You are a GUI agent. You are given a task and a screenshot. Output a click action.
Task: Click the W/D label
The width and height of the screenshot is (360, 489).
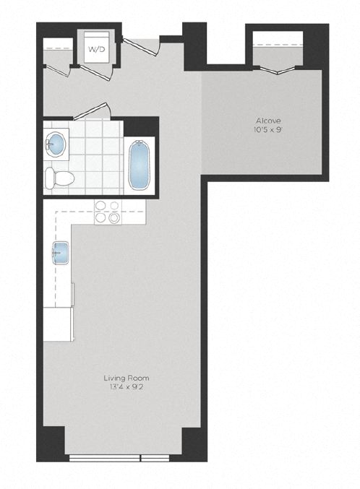(95, 49)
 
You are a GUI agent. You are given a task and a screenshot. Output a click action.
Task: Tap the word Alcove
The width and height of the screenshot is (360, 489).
(267, 121)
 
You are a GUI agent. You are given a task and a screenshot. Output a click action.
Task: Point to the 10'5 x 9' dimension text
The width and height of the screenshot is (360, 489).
(267, 130)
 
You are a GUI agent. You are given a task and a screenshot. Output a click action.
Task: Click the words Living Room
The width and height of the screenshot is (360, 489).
(121, 377)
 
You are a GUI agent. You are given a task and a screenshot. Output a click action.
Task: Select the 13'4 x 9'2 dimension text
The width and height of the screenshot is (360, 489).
(121, 386)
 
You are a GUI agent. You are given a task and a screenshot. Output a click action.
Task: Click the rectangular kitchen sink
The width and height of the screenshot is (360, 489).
(59, 253)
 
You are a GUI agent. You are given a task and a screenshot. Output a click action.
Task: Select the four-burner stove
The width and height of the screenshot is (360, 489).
(108, 212)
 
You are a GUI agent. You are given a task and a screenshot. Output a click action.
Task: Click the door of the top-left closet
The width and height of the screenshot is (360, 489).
(59, 73)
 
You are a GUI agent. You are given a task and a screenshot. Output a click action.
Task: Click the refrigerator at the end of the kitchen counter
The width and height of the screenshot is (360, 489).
(58, 324)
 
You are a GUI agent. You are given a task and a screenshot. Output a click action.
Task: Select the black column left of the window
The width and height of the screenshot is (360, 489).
(51, 441)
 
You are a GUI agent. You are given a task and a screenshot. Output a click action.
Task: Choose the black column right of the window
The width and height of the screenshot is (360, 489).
(192, 441)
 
